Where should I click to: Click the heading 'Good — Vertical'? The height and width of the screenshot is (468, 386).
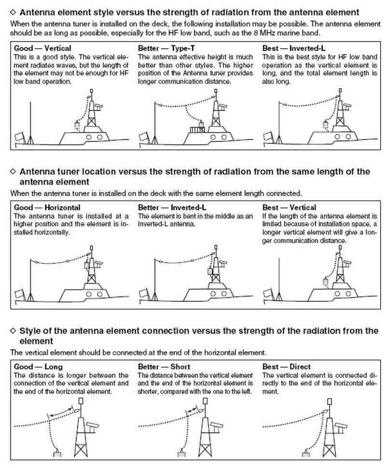tap(42, 48)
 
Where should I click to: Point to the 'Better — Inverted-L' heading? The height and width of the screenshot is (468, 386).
tap(170, 207)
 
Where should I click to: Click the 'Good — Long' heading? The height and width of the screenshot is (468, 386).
tap(39, 367)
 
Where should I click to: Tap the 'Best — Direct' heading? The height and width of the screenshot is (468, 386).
tap(287, 367)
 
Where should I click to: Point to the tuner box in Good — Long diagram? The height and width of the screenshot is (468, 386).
tap(57, 454)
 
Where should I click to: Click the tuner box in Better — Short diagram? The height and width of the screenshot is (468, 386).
tap(182, 454)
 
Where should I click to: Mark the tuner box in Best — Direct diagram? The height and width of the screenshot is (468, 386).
tap(305, 454)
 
